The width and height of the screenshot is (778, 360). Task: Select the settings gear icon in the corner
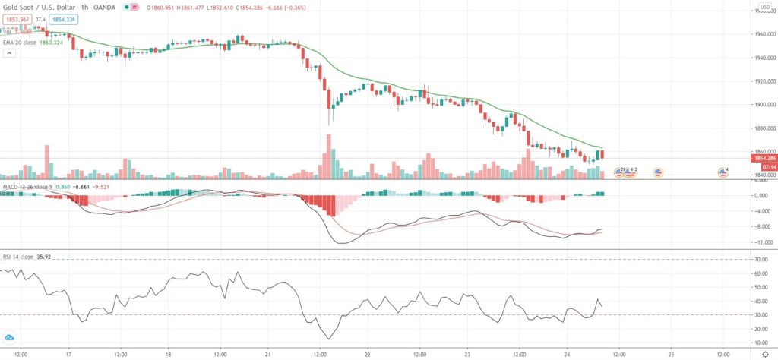coord(765,354)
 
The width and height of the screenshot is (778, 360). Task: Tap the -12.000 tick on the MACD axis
coord(760,242)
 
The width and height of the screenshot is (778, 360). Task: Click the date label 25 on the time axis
coord(672,354)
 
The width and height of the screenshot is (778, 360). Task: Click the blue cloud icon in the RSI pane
coord(10,337)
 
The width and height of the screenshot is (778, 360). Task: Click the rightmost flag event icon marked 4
coord(724,172)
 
